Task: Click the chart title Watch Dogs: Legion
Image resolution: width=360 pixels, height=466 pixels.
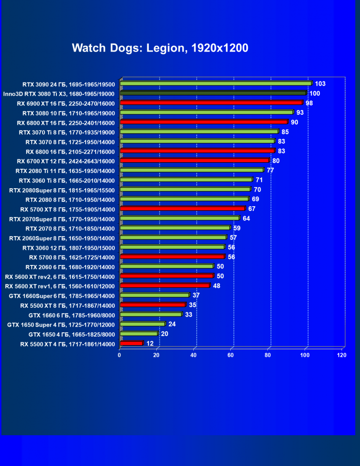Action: [x=160, y=48]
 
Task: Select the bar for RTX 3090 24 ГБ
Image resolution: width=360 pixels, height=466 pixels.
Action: [x=216, y=83]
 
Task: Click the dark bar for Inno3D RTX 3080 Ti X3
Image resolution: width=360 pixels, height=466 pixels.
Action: [x=213, y=93]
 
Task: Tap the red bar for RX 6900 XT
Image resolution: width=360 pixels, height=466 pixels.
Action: [x=211, y=103]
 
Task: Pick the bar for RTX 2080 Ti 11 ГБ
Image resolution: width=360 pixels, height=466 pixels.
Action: [x=192, y=170]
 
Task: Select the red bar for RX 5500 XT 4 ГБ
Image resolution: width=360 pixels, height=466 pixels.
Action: [x=131, y=343]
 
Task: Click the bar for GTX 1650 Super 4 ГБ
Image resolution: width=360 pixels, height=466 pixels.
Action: [x=142, y=324]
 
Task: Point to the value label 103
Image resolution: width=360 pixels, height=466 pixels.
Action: [x=320, y=83]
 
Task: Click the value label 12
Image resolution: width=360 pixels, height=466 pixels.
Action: [x=150, y=343]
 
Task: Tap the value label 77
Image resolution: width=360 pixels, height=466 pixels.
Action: [x=270, y=170]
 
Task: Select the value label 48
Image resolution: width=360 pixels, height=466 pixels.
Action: [x=217, y=286]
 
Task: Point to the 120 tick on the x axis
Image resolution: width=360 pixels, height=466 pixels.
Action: [x=341, y=355]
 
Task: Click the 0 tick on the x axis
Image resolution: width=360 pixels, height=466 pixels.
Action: [x=120, y=355]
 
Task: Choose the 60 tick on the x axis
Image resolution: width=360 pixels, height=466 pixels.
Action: [x=231, y=355]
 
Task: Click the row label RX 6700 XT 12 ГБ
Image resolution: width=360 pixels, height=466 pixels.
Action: [x=65, y=161]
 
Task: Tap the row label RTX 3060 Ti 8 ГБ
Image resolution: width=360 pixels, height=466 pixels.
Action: [x=67, y=180]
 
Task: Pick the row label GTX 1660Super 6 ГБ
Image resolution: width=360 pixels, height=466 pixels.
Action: [x=62, y=295]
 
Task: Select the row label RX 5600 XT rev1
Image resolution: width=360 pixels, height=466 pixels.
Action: [x=60, y=286]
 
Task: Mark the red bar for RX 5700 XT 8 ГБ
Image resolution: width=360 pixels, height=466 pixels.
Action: [x=182, y=209]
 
